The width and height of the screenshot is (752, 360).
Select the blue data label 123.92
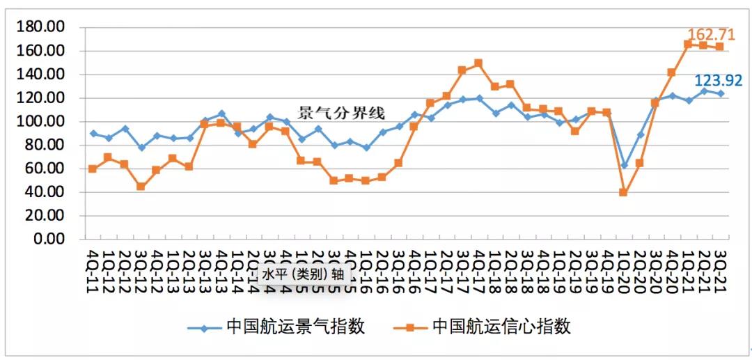click(x=719, y=80)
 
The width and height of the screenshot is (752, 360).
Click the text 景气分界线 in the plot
click(x=342, y=113)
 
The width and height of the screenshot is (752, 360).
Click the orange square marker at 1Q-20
click(x=624, y=192)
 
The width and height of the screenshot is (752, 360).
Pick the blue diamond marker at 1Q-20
click(x=624, y=165)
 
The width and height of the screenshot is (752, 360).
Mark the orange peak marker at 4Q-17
click(x=478, y=63)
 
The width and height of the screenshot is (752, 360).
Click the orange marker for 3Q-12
click(x=141, y=187)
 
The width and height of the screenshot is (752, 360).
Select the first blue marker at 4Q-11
click(x=93, y=133)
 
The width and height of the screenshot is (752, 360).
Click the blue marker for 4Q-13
click(x=221, y=114)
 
